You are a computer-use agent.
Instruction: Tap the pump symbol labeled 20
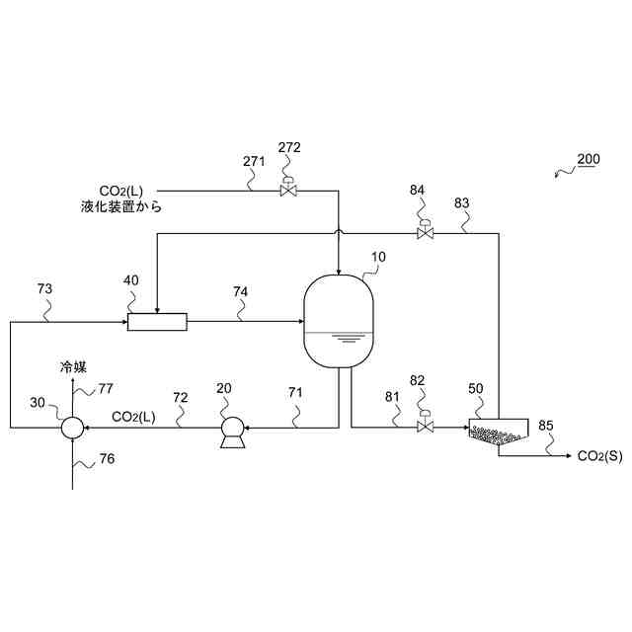click(x=233, y=429)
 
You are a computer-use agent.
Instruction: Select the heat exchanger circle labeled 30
click(x=72, y=428)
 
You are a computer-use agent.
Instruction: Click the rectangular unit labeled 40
click(x=157, y=321)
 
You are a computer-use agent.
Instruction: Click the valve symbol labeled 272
click(x=288, y=190)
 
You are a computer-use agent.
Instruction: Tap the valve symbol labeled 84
click(x=424, y=233)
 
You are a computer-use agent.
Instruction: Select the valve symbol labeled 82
click(x=425, y=427)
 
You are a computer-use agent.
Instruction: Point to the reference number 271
click(x=254, y=161)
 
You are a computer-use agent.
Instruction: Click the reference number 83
click(x=462, y=202)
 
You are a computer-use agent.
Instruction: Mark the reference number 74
click(x=241, y=291)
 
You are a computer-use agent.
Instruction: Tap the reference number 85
click(x=546, y=426)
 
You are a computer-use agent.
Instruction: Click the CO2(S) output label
click(x=599, y=456)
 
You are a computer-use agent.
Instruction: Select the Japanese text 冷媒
click(x=74, y=366)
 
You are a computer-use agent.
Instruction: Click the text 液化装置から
click(x=121, y=207)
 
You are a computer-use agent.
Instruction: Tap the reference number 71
click(x=296, y=393)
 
